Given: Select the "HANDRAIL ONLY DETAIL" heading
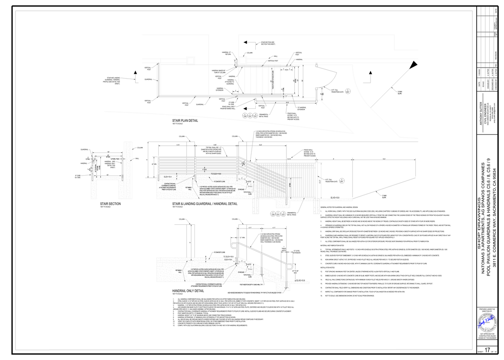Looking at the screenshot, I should (x=188, y=291).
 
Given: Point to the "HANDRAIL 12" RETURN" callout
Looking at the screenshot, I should (x=227, y=53).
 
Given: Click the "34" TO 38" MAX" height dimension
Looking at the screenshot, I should (x=295, y=272).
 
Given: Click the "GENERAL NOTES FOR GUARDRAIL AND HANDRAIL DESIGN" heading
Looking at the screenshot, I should (x=339, y=208).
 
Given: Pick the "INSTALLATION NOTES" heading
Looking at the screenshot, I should (x=327, y=267).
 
